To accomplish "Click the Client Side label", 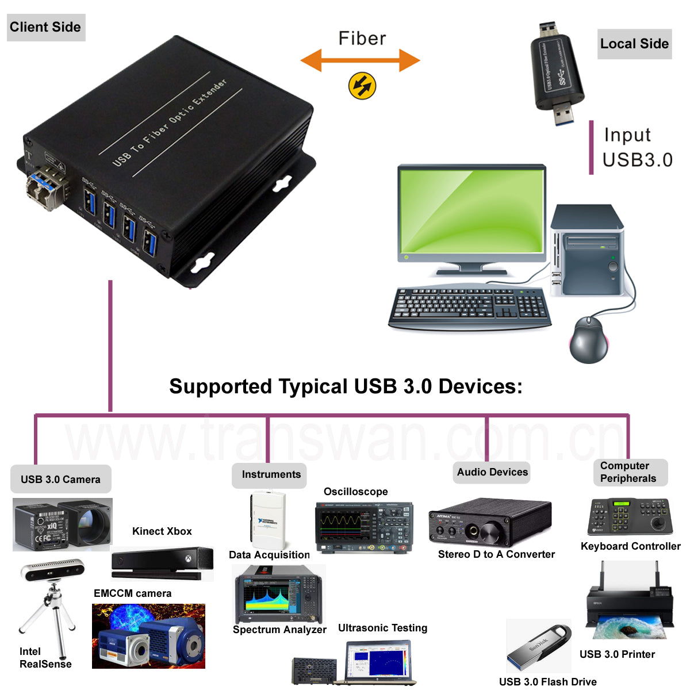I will pos(46,27).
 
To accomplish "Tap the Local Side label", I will pos(634,44).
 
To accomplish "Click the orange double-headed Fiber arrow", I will pos(361,60).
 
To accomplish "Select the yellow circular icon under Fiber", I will pos(362,86).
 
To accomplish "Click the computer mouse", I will pos(588,339).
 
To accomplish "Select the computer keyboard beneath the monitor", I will pos(469,308).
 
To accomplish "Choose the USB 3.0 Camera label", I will pos(60,479).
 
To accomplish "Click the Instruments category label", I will pos(270,474).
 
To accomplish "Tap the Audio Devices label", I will pos(492,472).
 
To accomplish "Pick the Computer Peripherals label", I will pos(630,472).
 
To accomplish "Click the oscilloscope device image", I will pos(364,527).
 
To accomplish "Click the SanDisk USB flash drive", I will pos(539,647).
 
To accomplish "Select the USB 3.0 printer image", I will pos(628,604).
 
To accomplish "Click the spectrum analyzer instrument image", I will pos(279,595).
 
